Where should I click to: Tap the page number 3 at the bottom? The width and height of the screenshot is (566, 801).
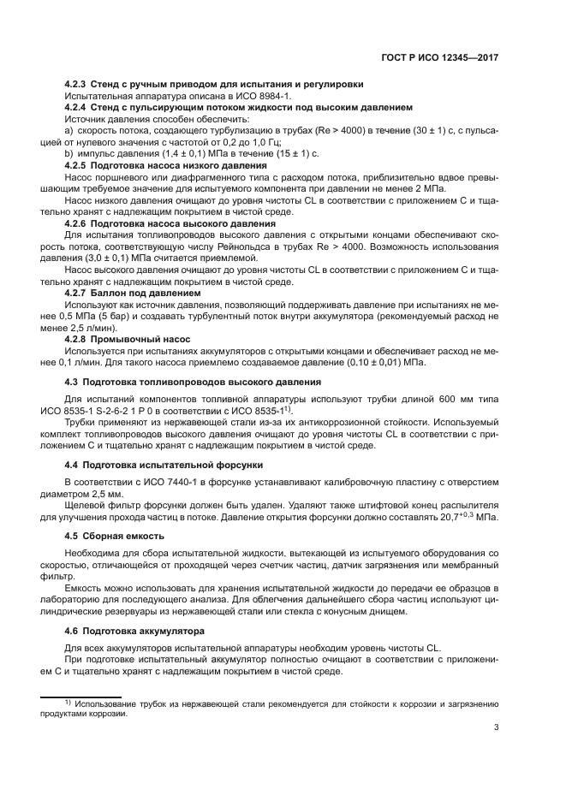tap(497, 728)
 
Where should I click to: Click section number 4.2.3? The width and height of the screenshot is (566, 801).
tap(79, 84)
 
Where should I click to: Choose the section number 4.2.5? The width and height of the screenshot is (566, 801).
tap(79, 164)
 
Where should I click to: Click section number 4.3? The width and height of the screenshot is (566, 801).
tap(74, 382)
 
